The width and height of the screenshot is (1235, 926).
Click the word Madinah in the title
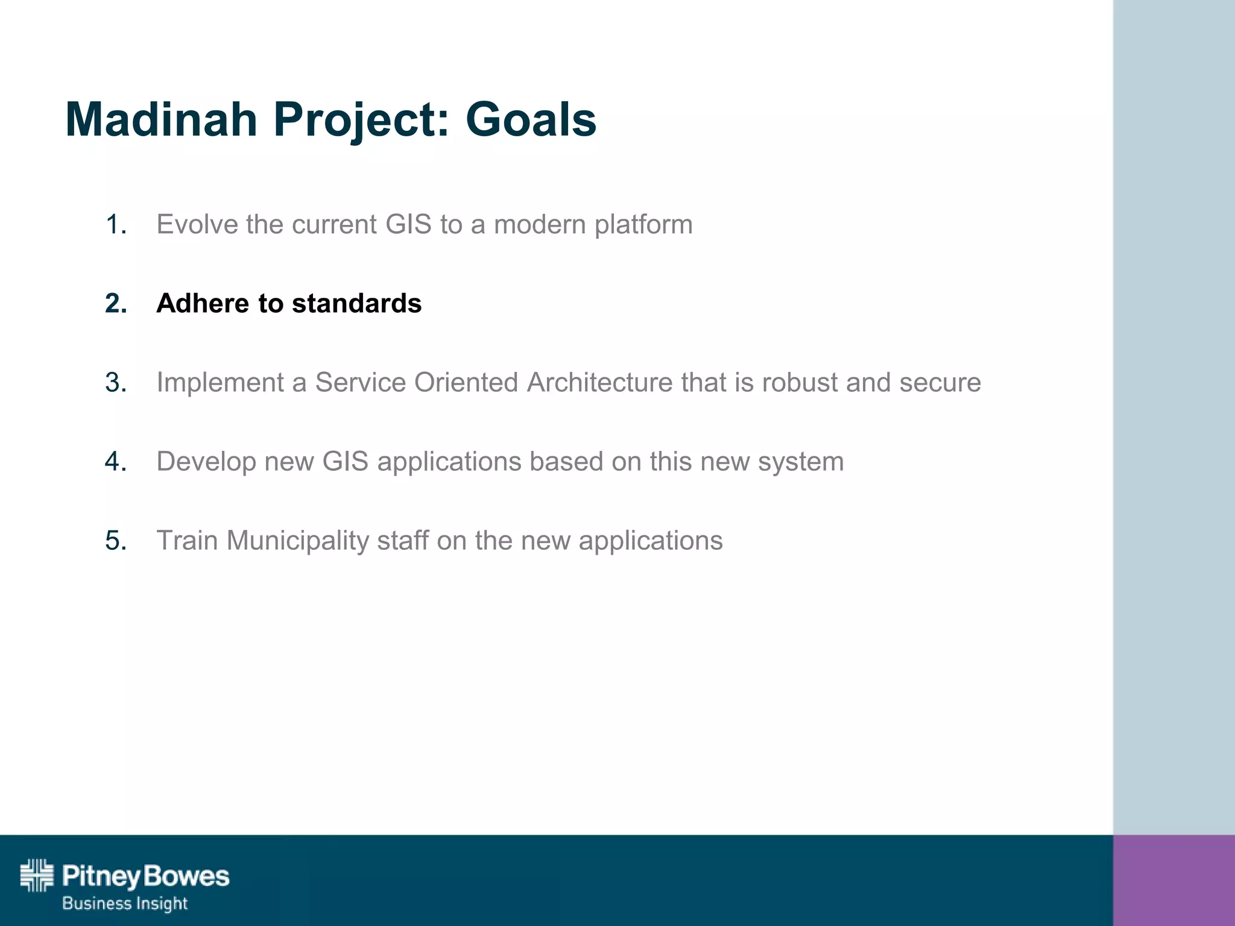click(161, 119)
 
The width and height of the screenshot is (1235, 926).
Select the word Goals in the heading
click(531, 119)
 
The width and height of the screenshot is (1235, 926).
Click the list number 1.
click(115, 225)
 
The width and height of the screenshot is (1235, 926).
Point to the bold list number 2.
click(116, 303)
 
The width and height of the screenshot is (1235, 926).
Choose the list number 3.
click(116, 383)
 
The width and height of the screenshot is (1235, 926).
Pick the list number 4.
click(116, 462)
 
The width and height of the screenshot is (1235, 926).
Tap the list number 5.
click(116, 541)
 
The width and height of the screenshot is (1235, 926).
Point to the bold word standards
click(356, 303)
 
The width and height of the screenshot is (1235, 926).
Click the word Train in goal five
click(187, 541)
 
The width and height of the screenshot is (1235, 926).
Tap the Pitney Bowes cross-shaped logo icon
click(37, 875)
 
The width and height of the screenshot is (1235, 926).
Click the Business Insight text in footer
click(125, 904)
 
